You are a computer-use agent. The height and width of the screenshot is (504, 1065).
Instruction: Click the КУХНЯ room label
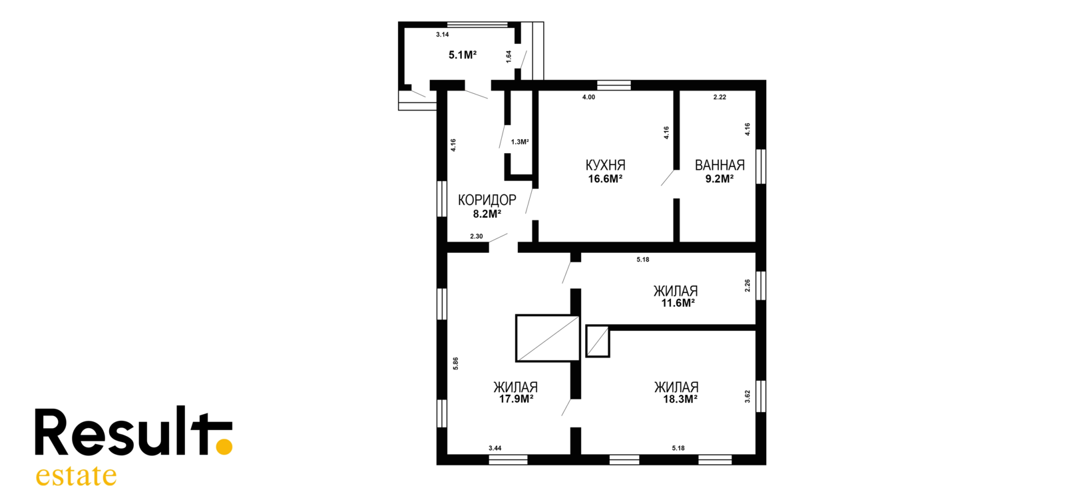(x=605, y=166)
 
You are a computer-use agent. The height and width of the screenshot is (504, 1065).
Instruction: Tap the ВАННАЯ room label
(x=720, y=166)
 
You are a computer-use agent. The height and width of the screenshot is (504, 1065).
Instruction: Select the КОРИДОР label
(x=487, y=200)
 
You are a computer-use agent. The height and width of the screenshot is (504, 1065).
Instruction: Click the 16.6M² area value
(x=605, y=179)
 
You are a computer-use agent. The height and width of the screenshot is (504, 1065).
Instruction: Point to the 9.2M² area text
(x=720, y=179)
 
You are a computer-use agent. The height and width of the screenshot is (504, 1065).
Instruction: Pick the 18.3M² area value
(x=680, y=399)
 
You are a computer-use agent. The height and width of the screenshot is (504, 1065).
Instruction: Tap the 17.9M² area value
(x=516, y=399)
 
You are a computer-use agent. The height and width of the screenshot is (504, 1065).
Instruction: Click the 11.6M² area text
(x=678, y=304)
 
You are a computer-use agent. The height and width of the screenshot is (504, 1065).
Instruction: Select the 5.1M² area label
(x=463, y=55)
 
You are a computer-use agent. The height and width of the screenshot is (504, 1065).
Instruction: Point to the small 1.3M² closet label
(x=520, y=142)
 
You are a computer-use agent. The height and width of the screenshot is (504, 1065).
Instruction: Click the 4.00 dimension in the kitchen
(x=588, y=97)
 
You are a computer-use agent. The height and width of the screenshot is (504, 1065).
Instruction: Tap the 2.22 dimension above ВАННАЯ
(x=720, y=97)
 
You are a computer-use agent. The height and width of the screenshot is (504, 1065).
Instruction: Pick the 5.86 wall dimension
(x=455, y=364)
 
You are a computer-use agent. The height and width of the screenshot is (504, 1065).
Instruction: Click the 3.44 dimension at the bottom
(x=495, y=448)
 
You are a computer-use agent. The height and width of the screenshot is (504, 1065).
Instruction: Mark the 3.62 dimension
(x=747, y=397)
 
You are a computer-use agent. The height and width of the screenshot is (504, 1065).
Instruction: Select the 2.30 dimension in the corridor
(x=477, y=236)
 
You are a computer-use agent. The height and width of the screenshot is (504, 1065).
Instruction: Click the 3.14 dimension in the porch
(x=443, y=34)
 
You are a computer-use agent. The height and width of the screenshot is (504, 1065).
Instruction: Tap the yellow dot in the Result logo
(x=224, y=447)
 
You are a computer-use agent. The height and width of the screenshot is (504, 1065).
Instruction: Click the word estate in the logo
(x=76, y=475)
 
